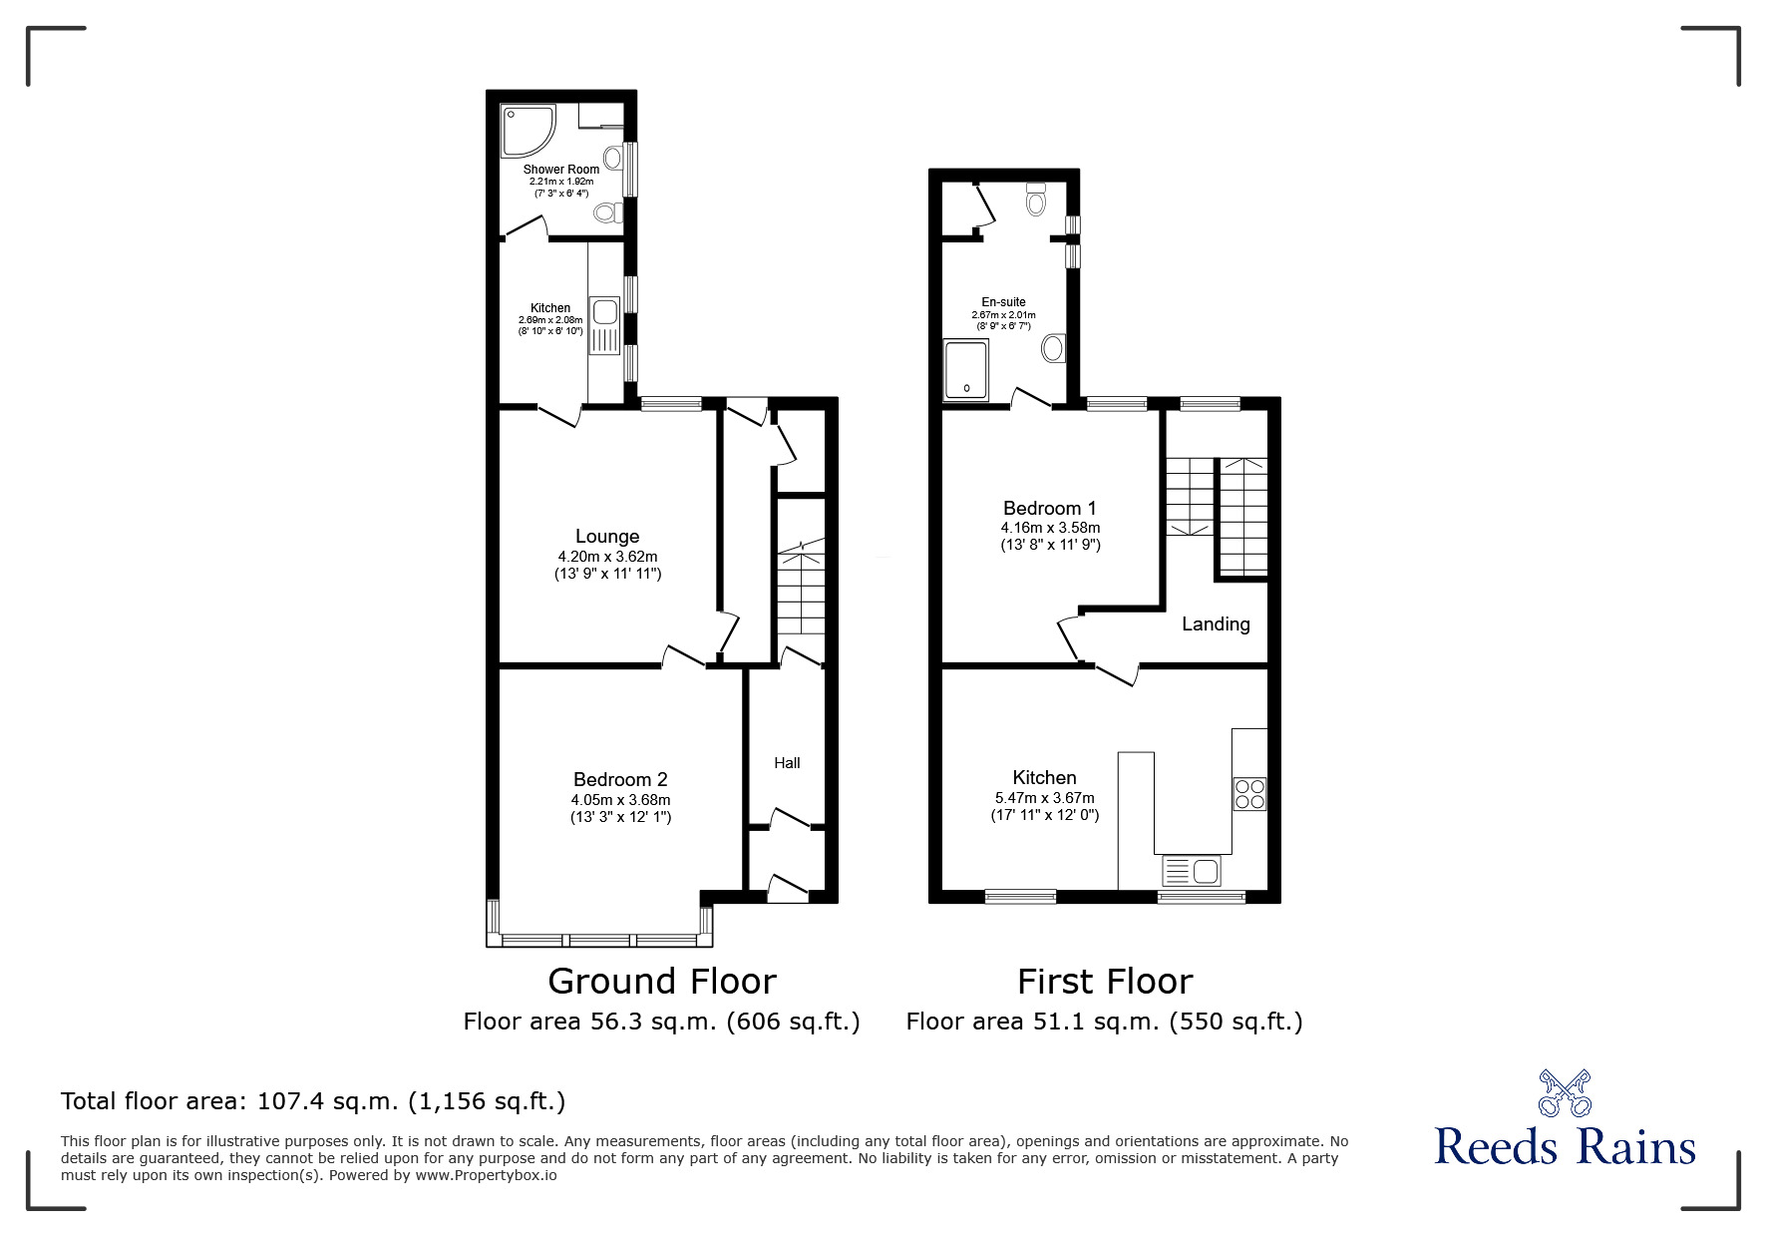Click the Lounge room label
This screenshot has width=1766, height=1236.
[x=606, y=537]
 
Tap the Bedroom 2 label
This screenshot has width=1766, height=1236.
[x=620, y=780]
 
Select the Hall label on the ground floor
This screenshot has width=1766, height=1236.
[x=787, y=763]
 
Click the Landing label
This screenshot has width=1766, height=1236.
[x=1216, y=624]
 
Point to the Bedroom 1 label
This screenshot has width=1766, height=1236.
[x=1050, y=508]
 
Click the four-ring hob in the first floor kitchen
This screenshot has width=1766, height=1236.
[x=1249, y=794]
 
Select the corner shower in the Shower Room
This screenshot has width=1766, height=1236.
[x=526, y=131]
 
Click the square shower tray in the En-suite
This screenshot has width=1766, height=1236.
[x=966, y=370]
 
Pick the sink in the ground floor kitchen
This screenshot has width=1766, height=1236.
[x=604, y=325]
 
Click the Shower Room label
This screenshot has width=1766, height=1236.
[x=561, y=170]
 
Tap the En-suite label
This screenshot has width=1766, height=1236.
[x=1003, y=302]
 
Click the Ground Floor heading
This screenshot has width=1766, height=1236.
[x=662, y=982]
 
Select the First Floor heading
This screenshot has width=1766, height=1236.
[x=1104, y=982]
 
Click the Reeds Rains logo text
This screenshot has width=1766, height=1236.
[x=1565, y=1147]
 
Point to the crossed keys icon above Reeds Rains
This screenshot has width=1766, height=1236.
[x=1565, y=1092]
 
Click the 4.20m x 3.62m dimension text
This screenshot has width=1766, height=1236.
[x=607, y=557]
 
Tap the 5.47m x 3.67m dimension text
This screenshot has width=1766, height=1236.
[x=1044, y=798]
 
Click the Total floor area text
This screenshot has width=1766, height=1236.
[x=313, y=1101]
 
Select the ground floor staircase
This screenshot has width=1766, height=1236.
[x=801, y=589]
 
